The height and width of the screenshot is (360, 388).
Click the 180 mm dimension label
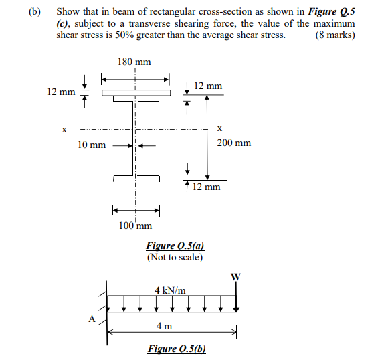pos(134,62)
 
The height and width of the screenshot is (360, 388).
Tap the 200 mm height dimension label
pos(234,143)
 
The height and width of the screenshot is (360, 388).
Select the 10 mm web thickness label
pos(92,145)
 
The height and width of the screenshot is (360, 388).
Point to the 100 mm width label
pos(135,225)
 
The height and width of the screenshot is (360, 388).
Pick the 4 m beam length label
pos(164,326)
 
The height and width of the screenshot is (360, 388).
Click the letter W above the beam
pos(235,277)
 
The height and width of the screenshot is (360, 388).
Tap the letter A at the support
pos(92,319)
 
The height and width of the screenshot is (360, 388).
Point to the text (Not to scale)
pos(175,258)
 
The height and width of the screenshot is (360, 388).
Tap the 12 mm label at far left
pos(61,92)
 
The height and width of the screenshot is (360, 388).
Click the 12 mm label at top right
pos(208,86)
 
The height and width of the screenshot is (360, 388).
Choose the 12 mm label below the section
pos(206,187)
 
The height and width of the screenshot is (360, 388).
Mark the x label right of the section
pos(219,128)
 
